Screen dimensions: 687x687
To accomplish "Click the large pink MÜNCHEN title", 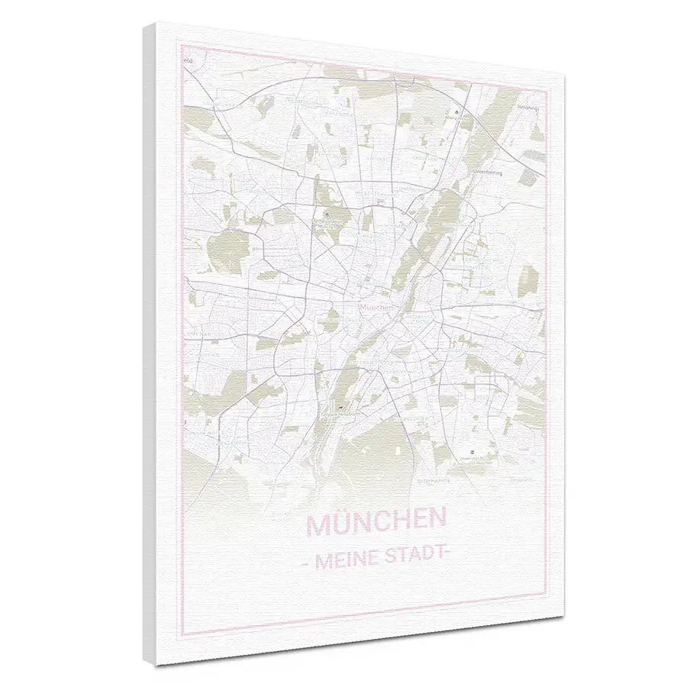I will [376, 524].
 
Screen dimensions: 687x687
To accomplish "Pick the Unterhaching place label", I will [433, 482].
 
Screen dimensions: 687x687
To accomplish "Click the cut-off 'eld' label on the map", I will [186, 58].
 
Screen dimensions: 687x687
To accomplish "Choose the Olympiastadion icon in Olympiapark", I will [327, 216].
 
